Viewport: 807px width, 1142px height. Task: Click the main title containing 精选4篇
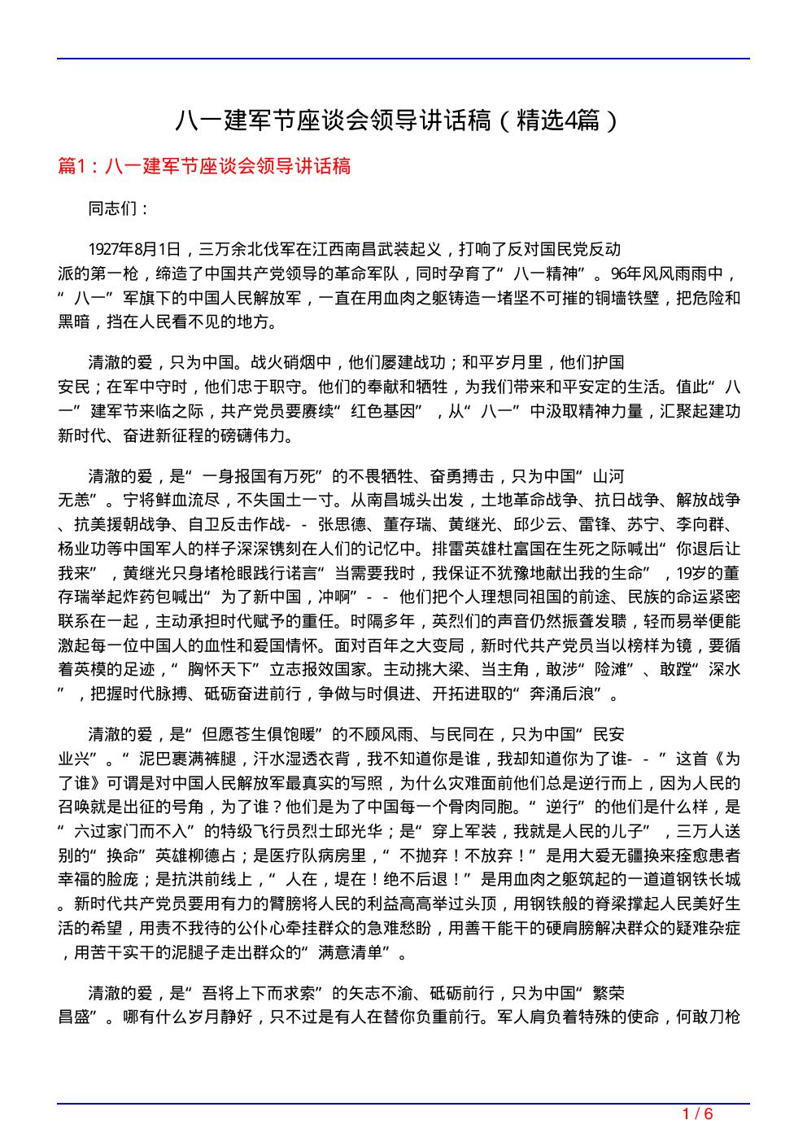point(398,121)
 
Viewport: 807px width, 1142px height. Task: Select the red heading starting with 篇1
point(205,167)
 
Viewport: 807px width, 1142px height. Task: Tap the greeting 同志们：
point(119,208)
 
